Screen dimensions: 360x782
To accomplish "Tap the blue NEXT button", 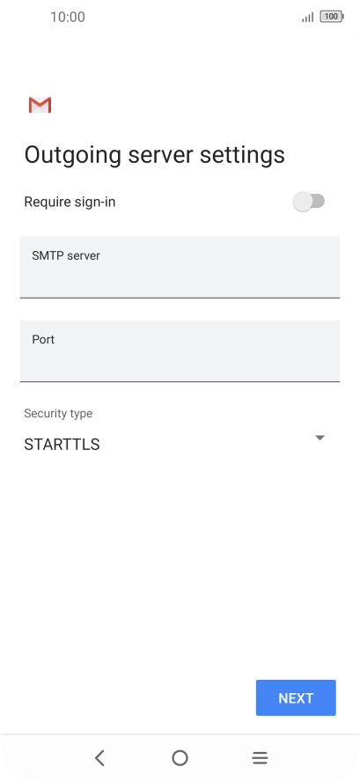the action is point(296,697).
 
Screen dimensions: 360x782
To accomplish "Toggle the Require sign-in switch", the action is point(309,202).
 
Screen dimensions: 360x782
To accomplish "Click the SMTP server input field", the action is point(180,268).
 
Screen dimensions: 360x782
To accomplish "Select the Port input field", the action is point(180,351).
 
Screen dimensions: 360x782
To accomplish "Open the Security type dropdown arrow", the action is point(320,438).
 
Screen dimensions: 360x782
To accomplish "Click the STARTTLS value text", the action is point(62,445).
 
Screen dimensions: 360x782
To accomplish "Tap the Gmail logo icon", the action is point(40,105).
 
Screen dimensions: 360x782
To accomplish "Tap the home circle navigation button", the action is point(180,758).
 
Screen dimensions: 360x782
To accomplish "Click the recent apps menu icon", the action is point(260,758).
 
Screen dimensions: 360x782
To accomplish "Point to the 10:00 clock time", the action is point(68,17).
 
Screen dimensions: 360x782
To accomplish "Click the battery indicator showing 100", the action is point(332,17).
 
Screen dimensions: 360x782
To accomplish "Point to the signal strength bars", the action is point(308,18).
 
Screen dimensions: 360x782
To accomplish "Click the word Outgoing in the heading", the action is point(73,156).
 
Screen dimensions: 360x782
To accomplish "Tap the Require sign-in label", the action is point(70,202).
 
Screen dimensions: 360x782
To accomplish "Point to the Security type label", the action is point(58,413).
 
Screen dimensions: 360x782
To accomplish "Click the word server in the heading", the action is point(161,156).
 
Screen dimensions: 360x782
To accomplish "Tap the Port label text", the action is point(43,339).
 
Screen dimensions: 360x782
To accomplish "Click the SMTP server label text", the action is point(66,255).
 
